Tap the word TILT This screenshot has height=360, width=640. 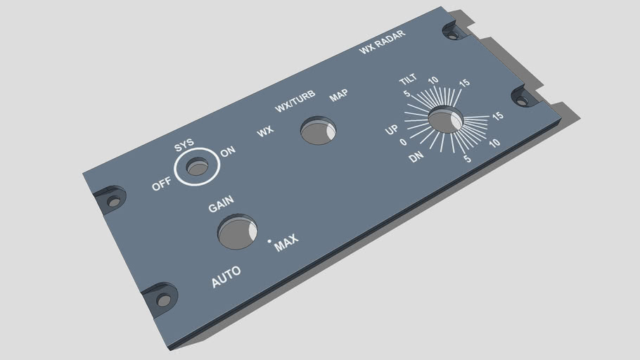[408, 79]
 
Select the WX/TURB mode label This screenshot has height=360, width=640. [295, 103]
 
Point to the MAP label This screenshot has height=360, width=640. [339, 95]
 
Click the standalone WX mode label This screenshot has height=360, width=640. [265, 131]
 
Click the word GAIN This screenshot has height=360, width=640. [221, 206]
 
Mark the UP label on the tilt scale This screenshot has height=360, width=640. [392, 130]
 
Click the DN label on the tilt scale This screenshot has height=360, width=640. [416, 157]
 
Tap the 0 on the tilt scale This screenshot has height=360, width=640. [403, 142]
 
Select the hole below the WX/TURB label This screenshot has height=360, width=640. [318, 131]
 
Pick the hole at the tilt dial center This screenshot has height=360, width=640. [445, 120]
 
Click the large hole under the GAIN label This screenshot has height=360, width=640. [237, 233]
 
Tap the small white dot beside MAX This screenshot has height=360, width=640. [269, 240]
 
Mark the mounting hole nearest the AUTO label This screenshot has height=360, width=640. [164, 300]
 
